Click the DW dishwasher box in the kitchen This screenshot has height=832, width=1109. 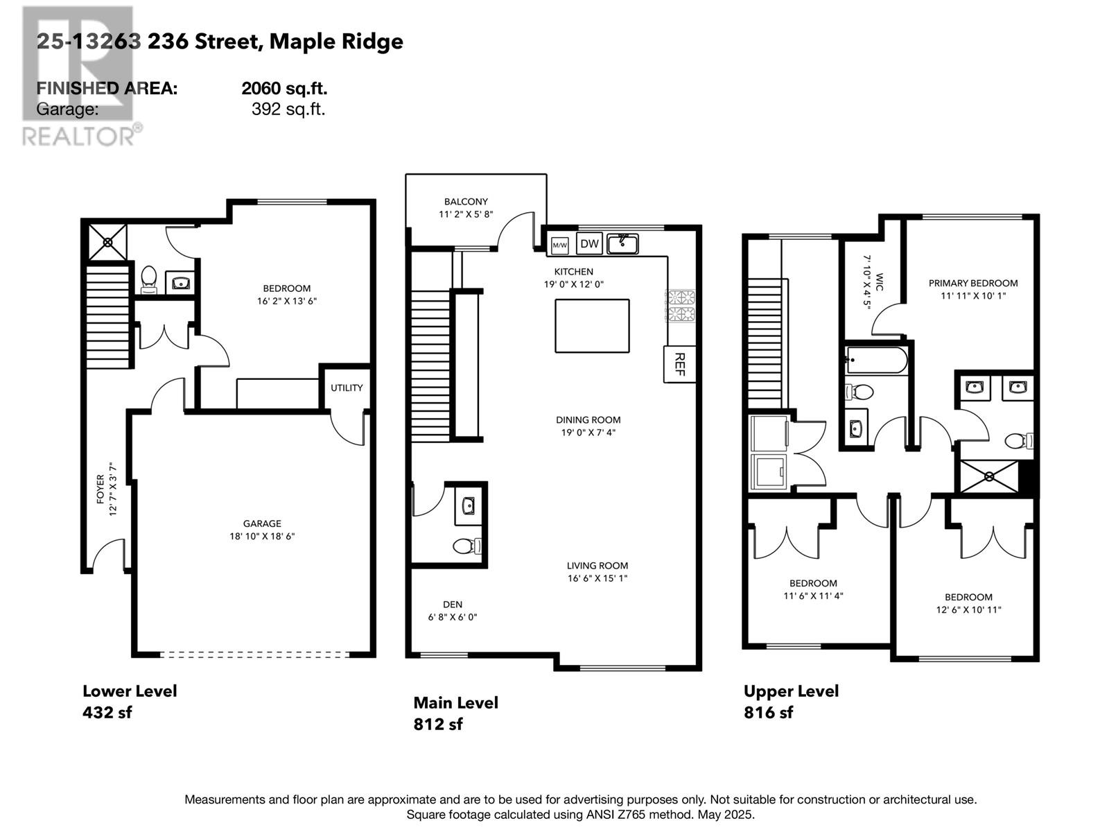588,243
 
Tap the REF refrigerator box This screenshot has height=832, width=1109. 679,364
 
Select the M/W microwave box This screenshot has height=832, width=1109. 559,245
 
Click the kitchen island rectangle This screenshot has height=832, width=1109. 592,326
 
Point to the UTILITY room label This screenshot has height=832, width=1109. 347,388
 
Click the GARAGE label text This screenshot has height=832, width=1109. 262,523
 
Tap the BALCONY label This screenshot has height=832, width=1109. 466,202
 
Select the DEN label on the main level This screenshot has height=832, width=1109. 452,604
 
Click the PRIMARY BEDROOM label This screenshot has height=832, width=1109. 973,283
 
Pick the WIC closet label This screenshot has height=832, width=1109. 880,282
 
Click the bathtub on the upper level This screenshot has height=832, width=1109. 877,360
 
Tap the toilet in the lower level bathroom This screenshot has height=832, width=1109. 148,279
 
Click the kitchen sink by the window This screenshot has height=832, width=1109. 622,244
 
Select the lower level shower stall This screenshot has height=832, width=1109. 107,243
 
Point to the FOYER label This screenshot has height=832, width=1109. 101,489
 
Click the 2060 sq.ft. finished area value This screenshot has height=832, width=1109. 284,89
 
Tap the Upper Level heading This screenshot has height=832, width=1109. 791,691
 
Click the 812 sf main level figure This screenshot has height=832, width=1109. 437,724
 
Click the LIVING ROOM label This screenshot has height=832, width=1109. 597,565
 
